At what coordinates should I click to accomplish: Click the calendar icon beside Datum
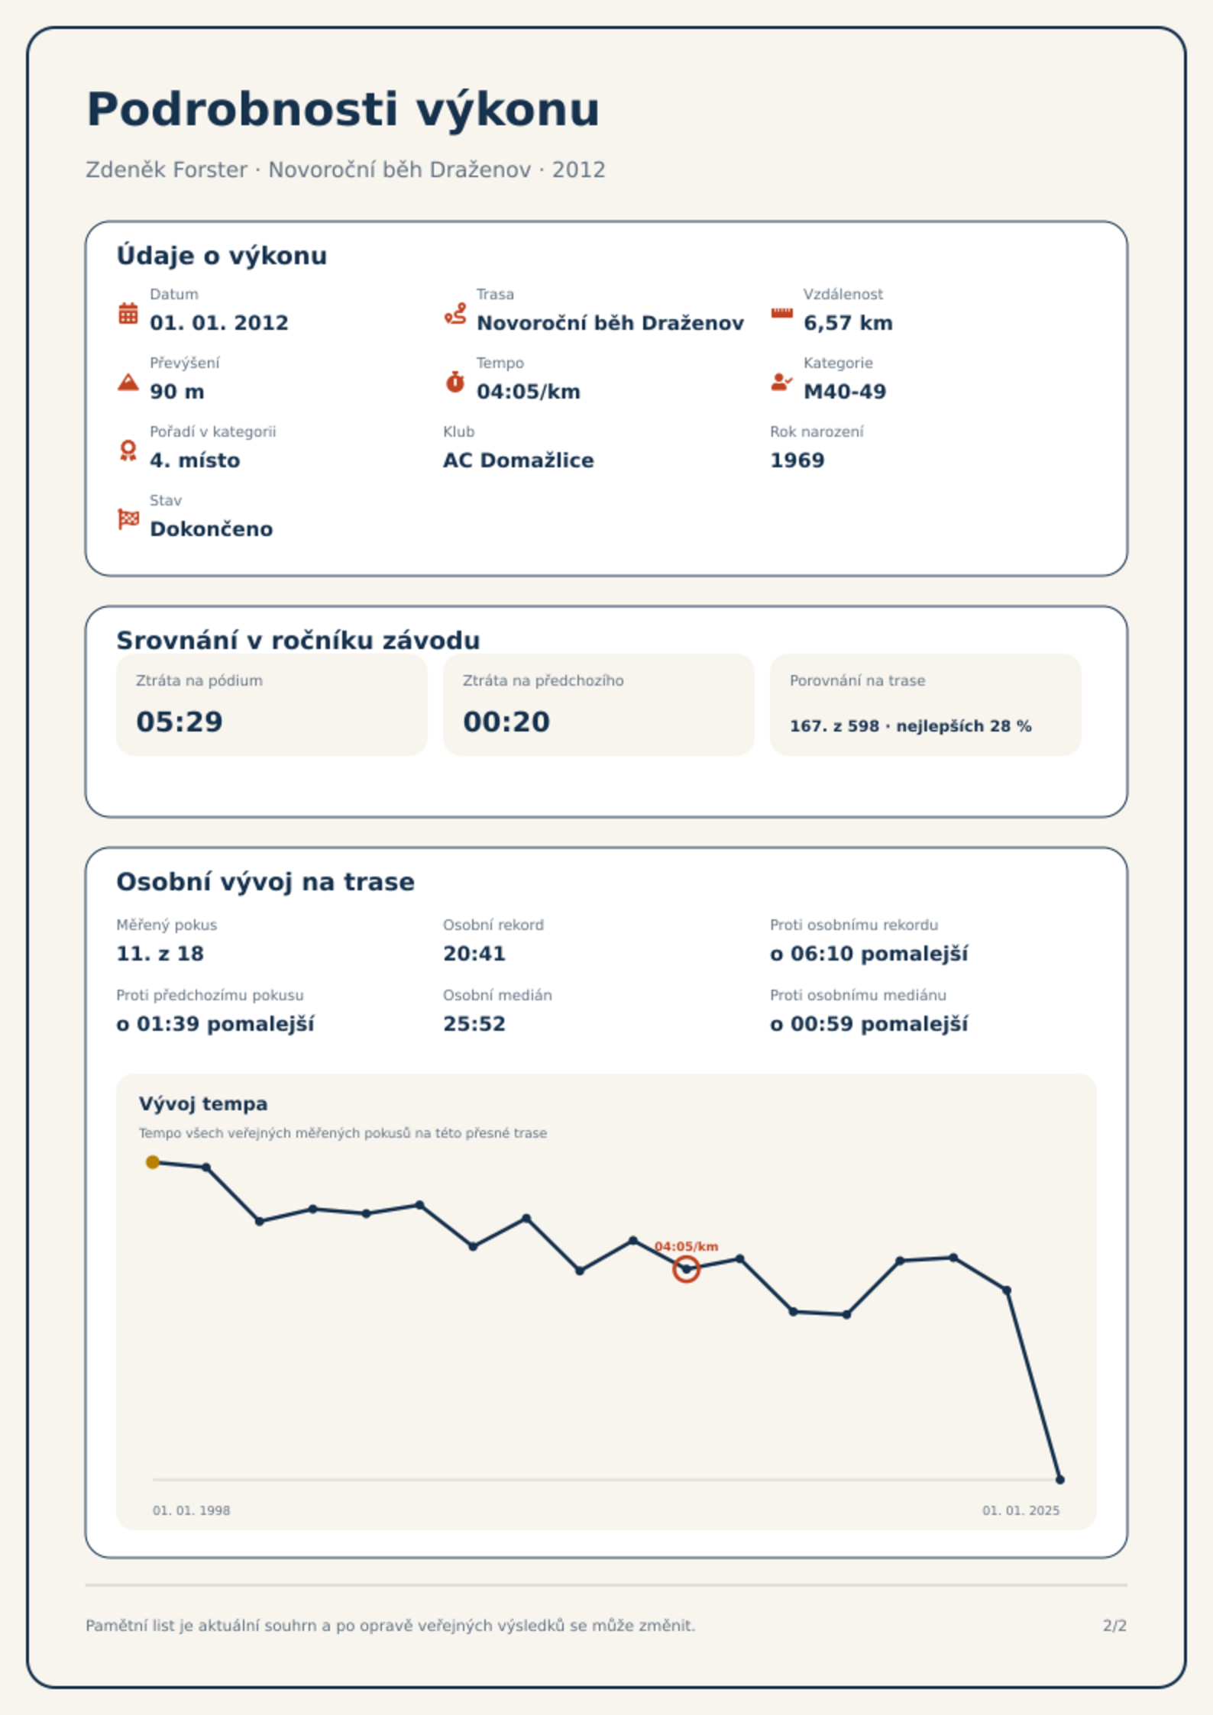pos(128,313)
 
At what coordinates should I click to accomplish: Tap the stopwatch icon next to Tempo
pos(455,382)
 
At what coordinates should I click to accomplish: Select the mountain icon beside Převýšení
pos(128,382)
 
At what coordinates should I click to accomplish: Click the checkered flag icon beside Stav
pos(128,519)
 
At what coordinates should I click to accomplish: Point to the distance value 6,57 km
pos(848,323)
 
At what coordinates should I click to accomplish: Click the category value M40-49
pos(845,392)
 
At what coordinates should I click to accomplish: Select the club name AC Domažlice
pos(519,460)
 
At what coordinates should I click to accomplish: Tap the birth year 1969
pos(797,460)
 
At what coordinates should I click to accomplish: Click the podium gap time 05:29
pos(180,722)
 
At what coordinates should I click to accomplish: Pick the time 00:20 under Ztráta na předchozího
pos(506,722)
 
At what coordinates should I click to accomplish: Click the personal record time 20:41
pos(474,954)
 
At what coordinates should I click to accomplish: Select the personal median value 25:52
pos(474,1024)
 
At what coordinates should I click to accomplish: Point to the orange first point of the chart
pos(153,1162)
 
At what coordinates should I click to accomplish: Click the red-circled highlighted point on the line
pos(686,1269)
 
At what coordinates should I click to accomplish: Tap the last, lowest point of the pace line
pos(1059,1480)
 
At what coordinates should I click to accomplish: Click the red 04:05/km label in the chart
pos(686,1246)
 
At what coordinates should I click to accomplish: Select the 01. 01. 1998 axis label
pos(191,1510)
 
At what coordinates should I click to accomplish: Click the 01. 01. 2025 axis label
pos(1021,1510)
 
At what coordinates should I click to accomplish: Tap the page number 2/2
pos(1114,1626)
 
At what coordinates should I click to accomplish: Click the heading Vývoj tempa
pos(203,1104)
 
